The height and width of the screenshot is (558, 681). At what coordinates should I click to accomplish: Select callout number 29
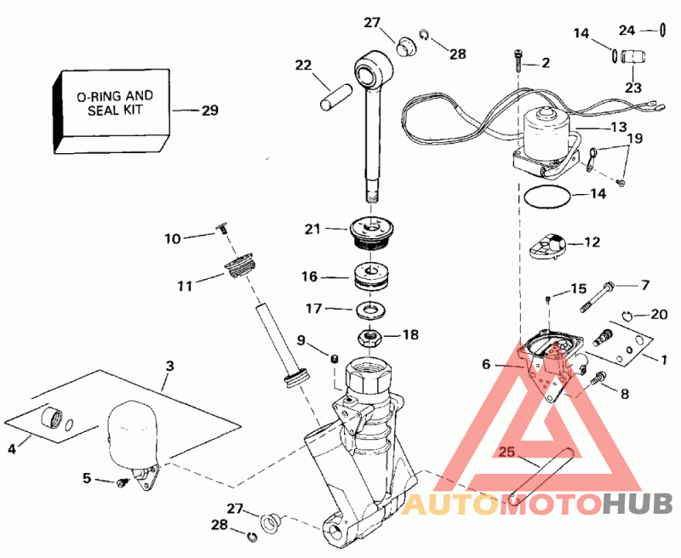[209, 111]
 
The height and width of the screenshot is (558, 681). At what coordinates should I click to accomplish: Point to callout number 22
[305, 65]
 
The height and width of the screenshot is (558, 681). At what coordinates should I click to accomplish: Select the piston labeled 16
[371, 277]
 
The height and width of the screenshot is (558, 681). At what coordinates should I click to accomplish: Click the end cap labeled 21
[371, 231]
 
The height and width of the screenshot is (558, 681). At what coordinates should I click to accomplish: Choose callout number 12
[591, 242]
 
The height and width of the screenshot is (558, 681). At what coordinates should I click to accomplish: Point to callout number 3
[169, 366]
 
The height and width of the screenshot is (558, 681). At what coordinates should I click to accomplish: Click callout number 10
[173, 239]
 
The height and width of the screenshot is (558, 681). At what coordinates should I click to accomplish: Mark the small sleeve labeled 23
[632, 60]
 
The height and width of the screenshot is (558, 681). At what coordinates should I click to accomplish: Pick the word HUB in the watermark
[638, 505]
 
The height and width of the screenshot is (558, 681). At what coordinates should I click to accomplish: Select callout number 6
[486, 364]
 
